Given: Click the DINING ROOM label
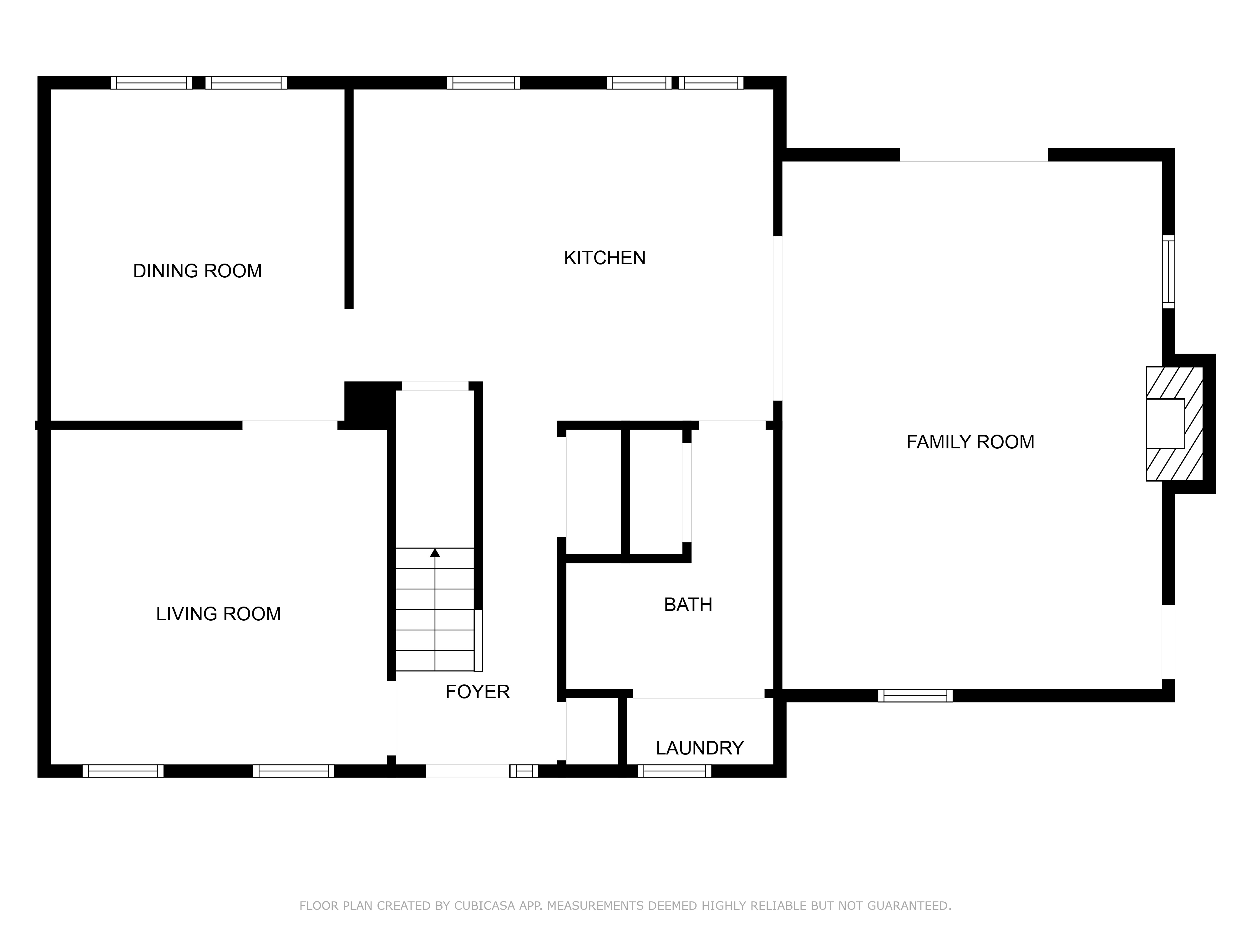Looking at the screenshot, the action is (x=197, y=271).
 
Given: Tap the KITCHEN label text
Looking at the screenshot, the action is (x=605, y=258).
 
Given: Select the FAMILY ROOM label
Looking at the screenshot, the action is (x=970, y=441).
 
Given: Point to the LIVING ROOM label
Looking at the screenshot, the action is (x=218, y=613).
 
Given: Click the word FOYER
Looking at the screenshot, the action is (x=477, y=692).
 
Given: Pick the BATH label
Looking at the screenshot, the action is (x=688, y=604).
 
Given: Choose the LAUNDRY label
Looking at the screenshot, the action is (x=700, y=748).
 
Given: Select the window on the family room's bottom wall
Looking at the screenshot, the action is (x=915, y=695).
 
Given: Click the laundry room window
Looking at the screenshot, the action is (x=675, y=771).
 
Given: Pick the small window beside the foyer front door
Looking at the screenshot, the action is (x=524, y=771).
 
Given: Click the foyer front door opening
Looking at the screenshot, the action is (x=467, y=771).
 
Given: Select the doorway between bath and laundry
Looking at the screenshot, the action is (x=698, y=694).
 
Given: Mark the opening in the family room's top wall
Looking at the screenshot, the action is (x=974, y=155).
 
